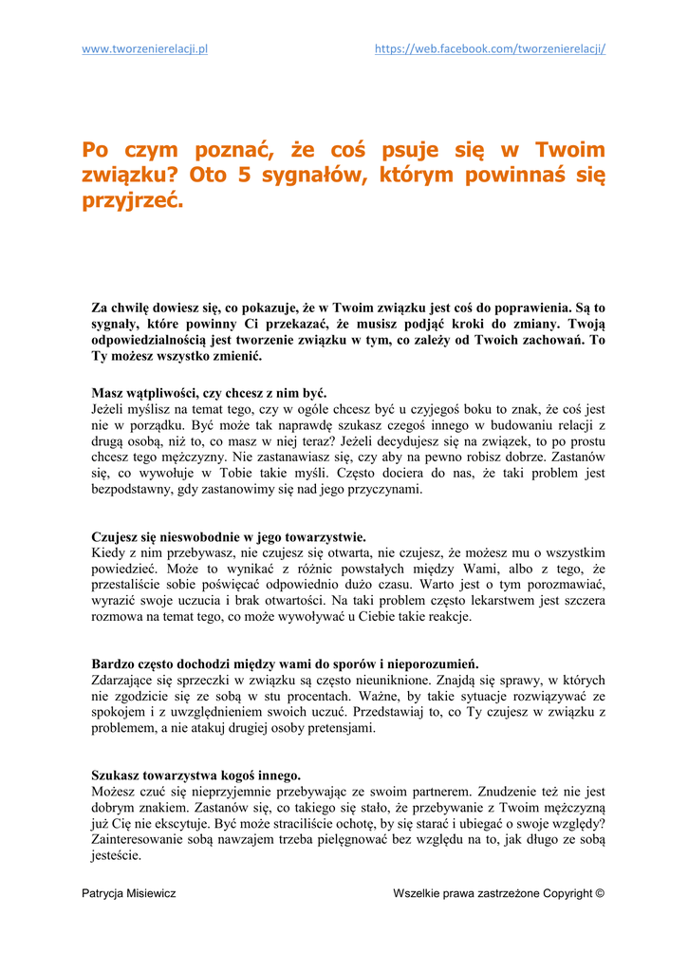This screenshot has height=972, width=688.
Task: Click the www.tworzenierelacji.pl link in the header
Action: click(x=145, y=49)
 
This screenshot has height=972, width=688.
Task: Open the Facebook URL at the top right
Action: click(x=490, y=49)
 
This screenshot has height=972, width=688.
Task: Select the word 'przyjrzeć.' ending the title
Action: click(x=132, y=202)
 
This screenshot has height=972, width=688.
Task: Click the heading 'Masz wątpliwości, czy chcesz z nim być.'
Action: click(x=209, y=392)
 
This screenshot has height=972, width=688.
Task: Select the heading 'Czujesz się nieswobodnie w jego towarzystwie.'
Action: click(x=229, y=536)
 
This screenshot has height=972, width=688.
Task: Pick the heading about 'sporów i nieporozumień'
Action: click(x=285, y=664)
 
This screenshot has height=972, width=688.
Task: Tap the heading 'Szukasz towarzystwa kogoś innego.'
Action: click(x=195, y=775)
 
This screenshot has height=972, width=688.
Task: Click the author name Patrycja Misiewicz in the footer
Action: click(x=129, y=893)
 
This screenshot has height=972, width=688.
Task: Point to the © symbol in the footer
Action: click(x=599, y=893)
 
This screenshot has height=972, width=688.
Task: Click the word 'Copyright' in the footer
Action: click(x=567, y=893)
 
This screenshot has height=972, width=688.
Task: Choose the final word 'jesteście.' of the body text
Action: click(x=116, y=855)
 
